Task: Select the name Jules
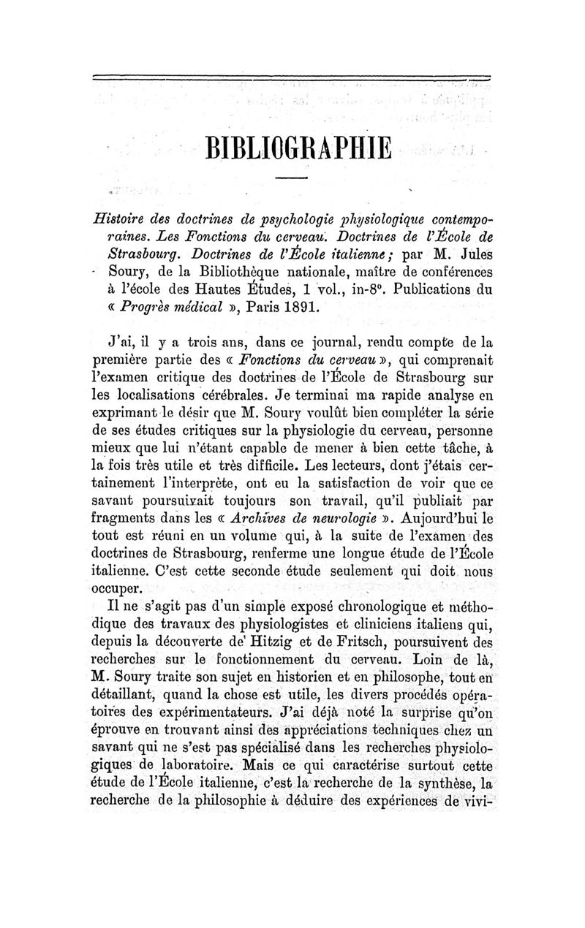(x=472, y=256)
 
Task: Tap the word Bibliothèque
(x=216, y=272)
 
